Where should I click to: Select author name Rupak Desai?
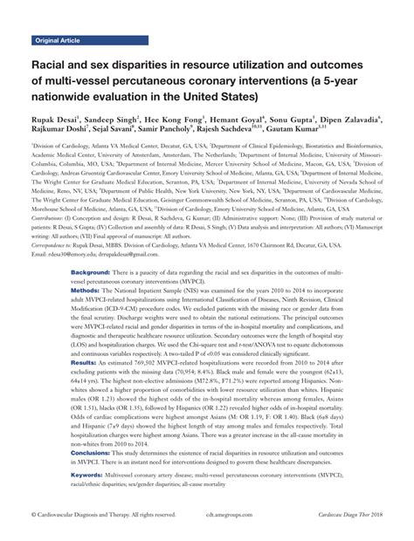pyautogui.click(x=55, y=121)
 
